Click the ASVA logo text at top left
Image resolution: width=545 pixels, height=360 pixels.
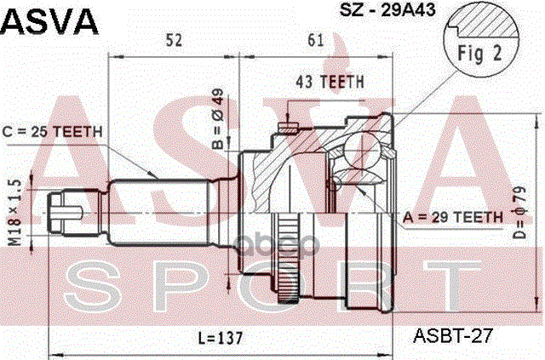pyautogui.click(x=49, y=19)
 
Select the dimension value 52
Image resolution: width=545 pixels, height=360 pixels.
pyautogui.click(x=174, y=41)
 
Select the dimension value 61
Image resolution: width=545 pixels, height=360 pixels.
pyautogui.click(x=315, y=41)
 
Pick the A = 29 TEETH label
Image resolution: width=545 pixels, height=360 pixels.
pyautogui.click(x=454, y=217)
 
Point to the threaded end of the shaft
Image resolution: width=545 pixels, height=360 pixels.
pyautogui.click(x=65, y=209)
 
